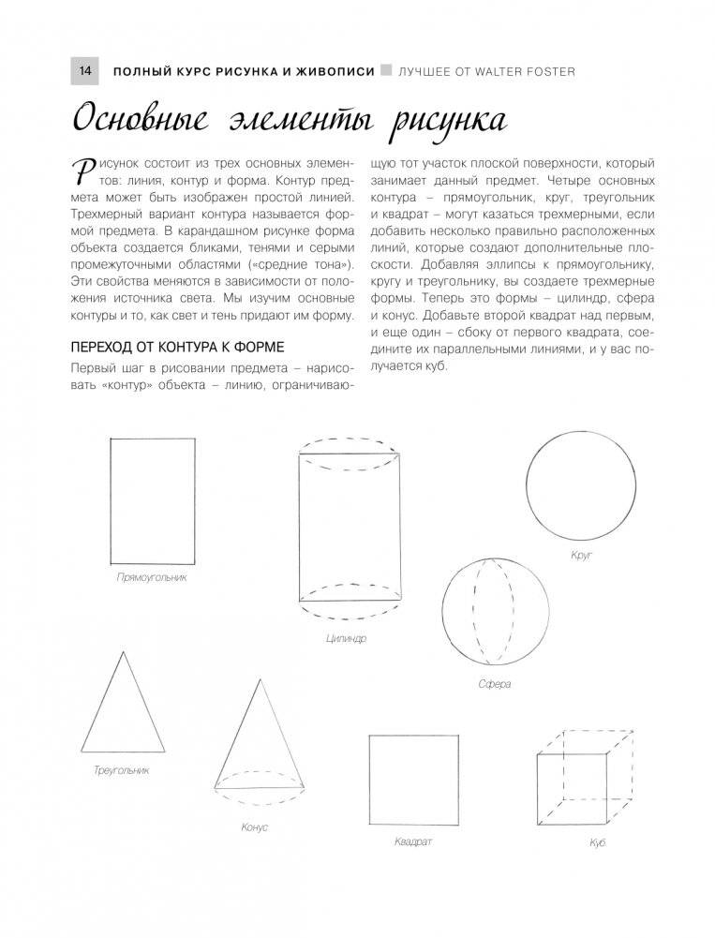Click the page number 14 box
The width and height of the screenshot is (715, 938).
point(84,71)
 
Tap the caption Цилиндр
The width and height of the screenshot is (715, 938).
point(347,639)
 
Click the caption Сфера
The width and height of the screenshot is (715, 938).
point(494,685)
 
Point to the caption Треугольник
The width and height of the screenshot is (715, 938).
point(122,770)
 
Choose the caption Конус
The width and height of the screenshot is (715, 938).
point(254,827)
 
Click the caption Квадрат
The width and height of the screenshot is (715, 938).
point(413,841)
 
